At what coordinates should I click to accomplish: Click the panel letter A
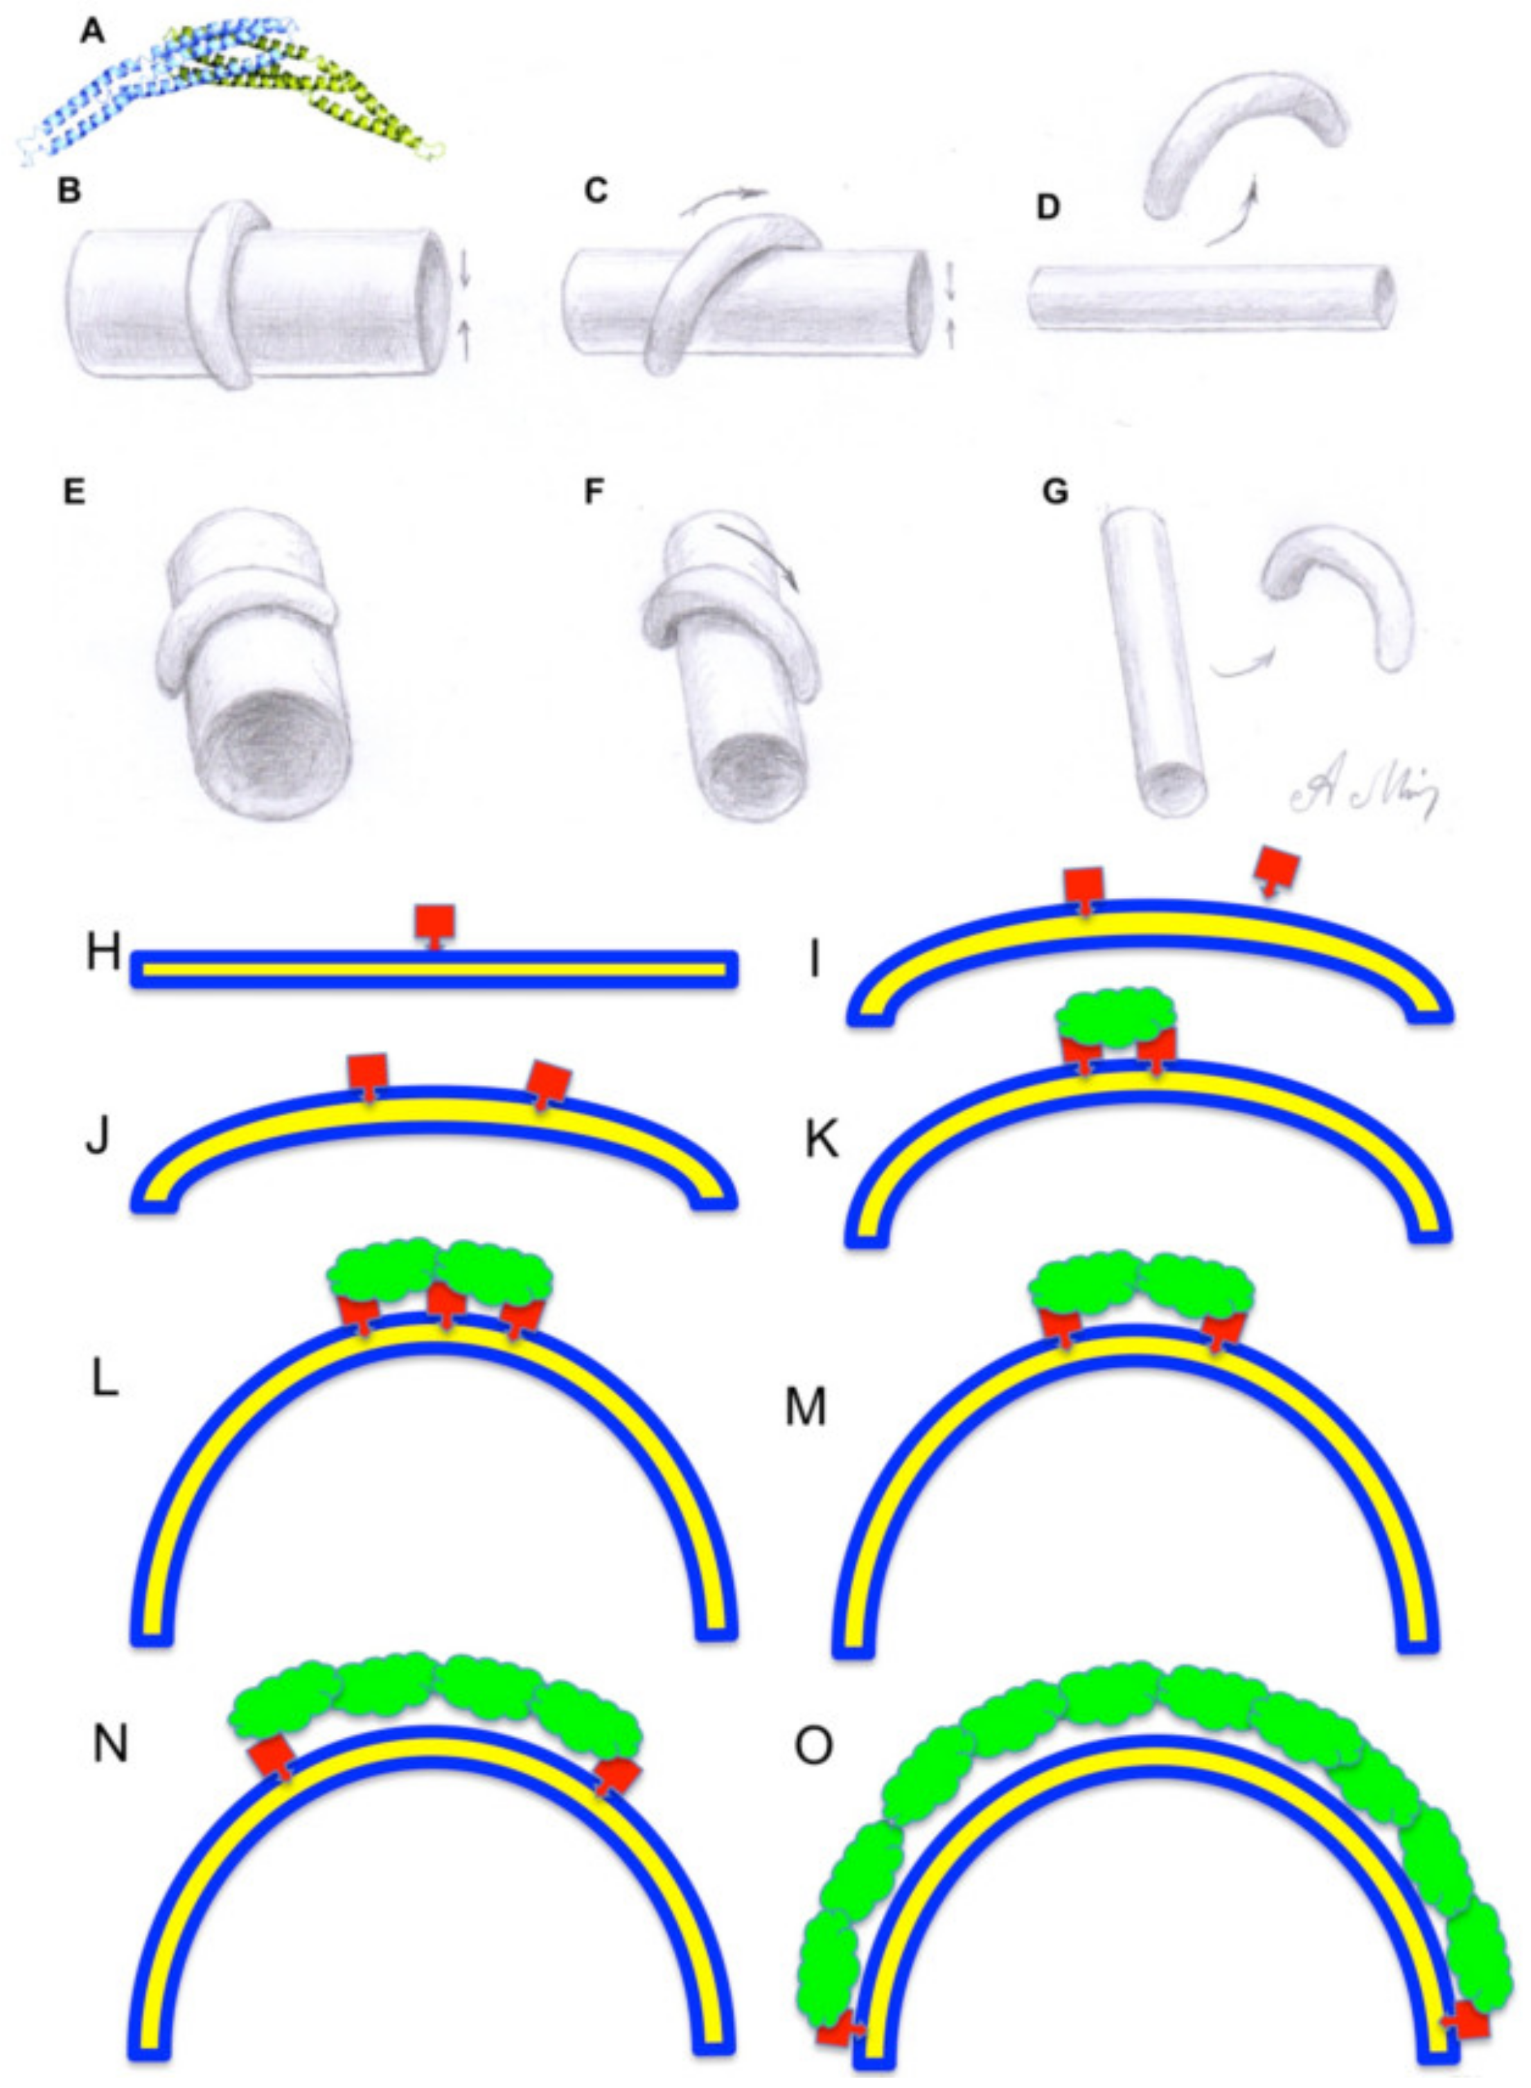[x=93, y=33]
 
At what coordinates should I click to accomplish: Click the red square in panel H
[x=434, y=920]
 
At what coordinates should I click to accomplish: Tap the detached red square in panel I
[x=1275, y=867]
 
